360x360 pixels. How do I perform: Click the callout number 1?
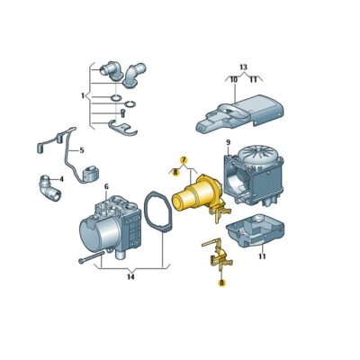click(x=83, y=96)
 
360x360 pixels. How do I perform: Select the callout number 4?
click(x=61, y=179)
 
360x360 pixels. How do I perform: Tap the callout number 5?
click(x=82, y=150)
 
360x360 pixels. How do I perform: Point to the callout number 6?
click(x=106, y=186)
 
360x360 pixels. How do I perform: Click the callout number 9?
click(x=228, y=142)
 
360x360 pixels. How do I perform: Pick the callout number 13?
click(x=243, y=67)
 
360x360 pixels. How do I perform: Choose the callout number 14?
click(x=130, y=276)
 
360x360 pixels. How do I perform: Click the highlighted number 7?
click(x=184, y=160)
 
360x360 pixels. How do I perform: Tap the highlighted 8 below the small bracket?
click(x=221, y=283)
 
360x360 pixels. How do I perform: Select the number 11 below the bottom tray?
click(x=262, y=256)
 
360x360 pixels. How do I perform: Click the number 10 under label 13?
click(x=234, y=80)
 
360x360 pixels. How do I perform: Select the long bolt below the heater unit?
click(x=92, y=257)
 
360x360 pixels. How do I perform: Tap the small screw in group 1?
click(x=122, y=113)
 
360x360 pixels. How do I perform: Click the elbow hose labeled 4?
click(x=49, y=188)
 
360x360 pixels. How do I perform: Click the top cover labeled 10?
click(x=240, y=113)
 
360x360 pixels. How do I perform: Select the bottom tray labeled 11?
click(x=255, y=229)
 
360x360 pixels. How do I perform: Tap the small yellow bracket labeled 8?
click(x=219, y=255)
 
